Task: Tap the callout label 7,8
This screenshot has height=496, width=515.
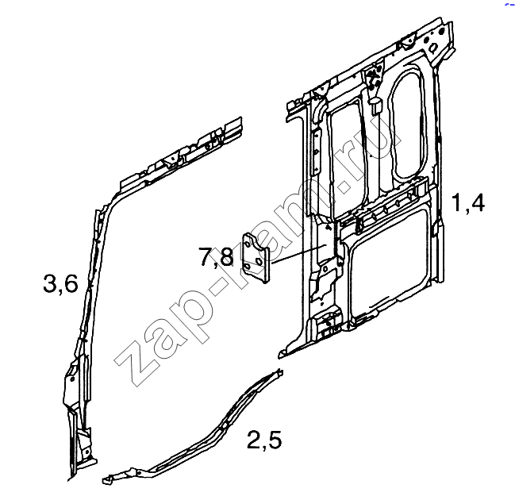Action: [x=216, y=257]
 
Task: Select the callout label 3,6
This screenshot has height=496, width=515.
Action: [x=60, y=284]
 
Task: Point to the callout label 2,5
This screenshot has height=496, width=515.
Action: [x=264, y=440]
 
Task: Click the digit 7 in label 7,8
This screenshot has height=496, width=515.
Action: [x=206, y=256]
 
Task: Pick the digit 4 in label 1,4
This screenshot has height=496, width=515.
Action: [x=477, y=202]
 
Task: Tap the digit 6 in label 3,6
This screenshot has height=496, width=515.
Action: [x=71, y=284]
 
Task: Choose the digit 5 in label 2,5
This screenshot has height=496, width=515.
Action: [x=275, y=440]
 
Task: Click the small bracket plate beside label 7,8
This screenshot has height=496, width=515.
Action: [x=256, y=258]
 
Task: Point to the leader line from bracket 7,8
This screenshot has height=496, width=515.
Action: [x=299, y=254]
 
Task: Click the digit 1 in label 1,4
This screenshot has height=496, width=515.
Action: [x=457, y=202]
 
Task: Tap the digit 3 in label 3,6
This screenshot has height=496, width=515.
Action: [x=49, y=284]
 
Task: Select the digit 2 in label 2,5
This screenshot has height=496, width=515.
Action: [x=254, y=440]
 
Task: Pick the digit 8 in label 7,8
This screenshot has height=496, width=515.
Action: [x=227, y=256]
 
